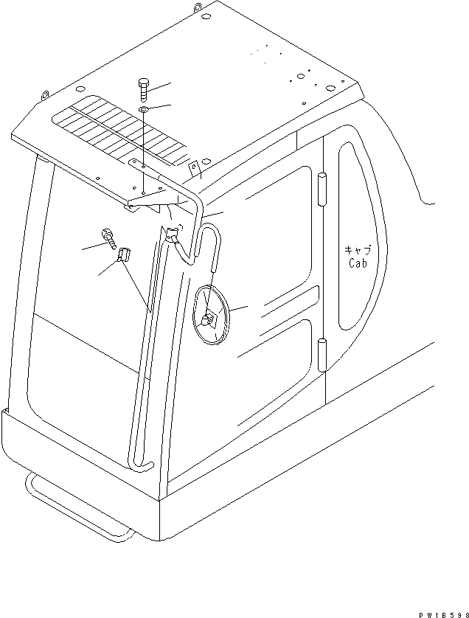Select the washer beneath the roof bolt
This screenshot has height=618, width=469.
[143, 111]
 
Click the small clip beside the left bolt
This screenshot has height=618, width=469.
[123, 256]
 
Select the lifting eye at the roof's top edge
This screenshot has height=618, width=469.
[199, 7]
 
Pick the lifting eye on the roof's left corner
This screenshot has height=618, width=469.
[45, 95]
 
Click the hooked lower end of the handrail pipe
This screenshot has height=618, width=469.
[142, 464]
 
